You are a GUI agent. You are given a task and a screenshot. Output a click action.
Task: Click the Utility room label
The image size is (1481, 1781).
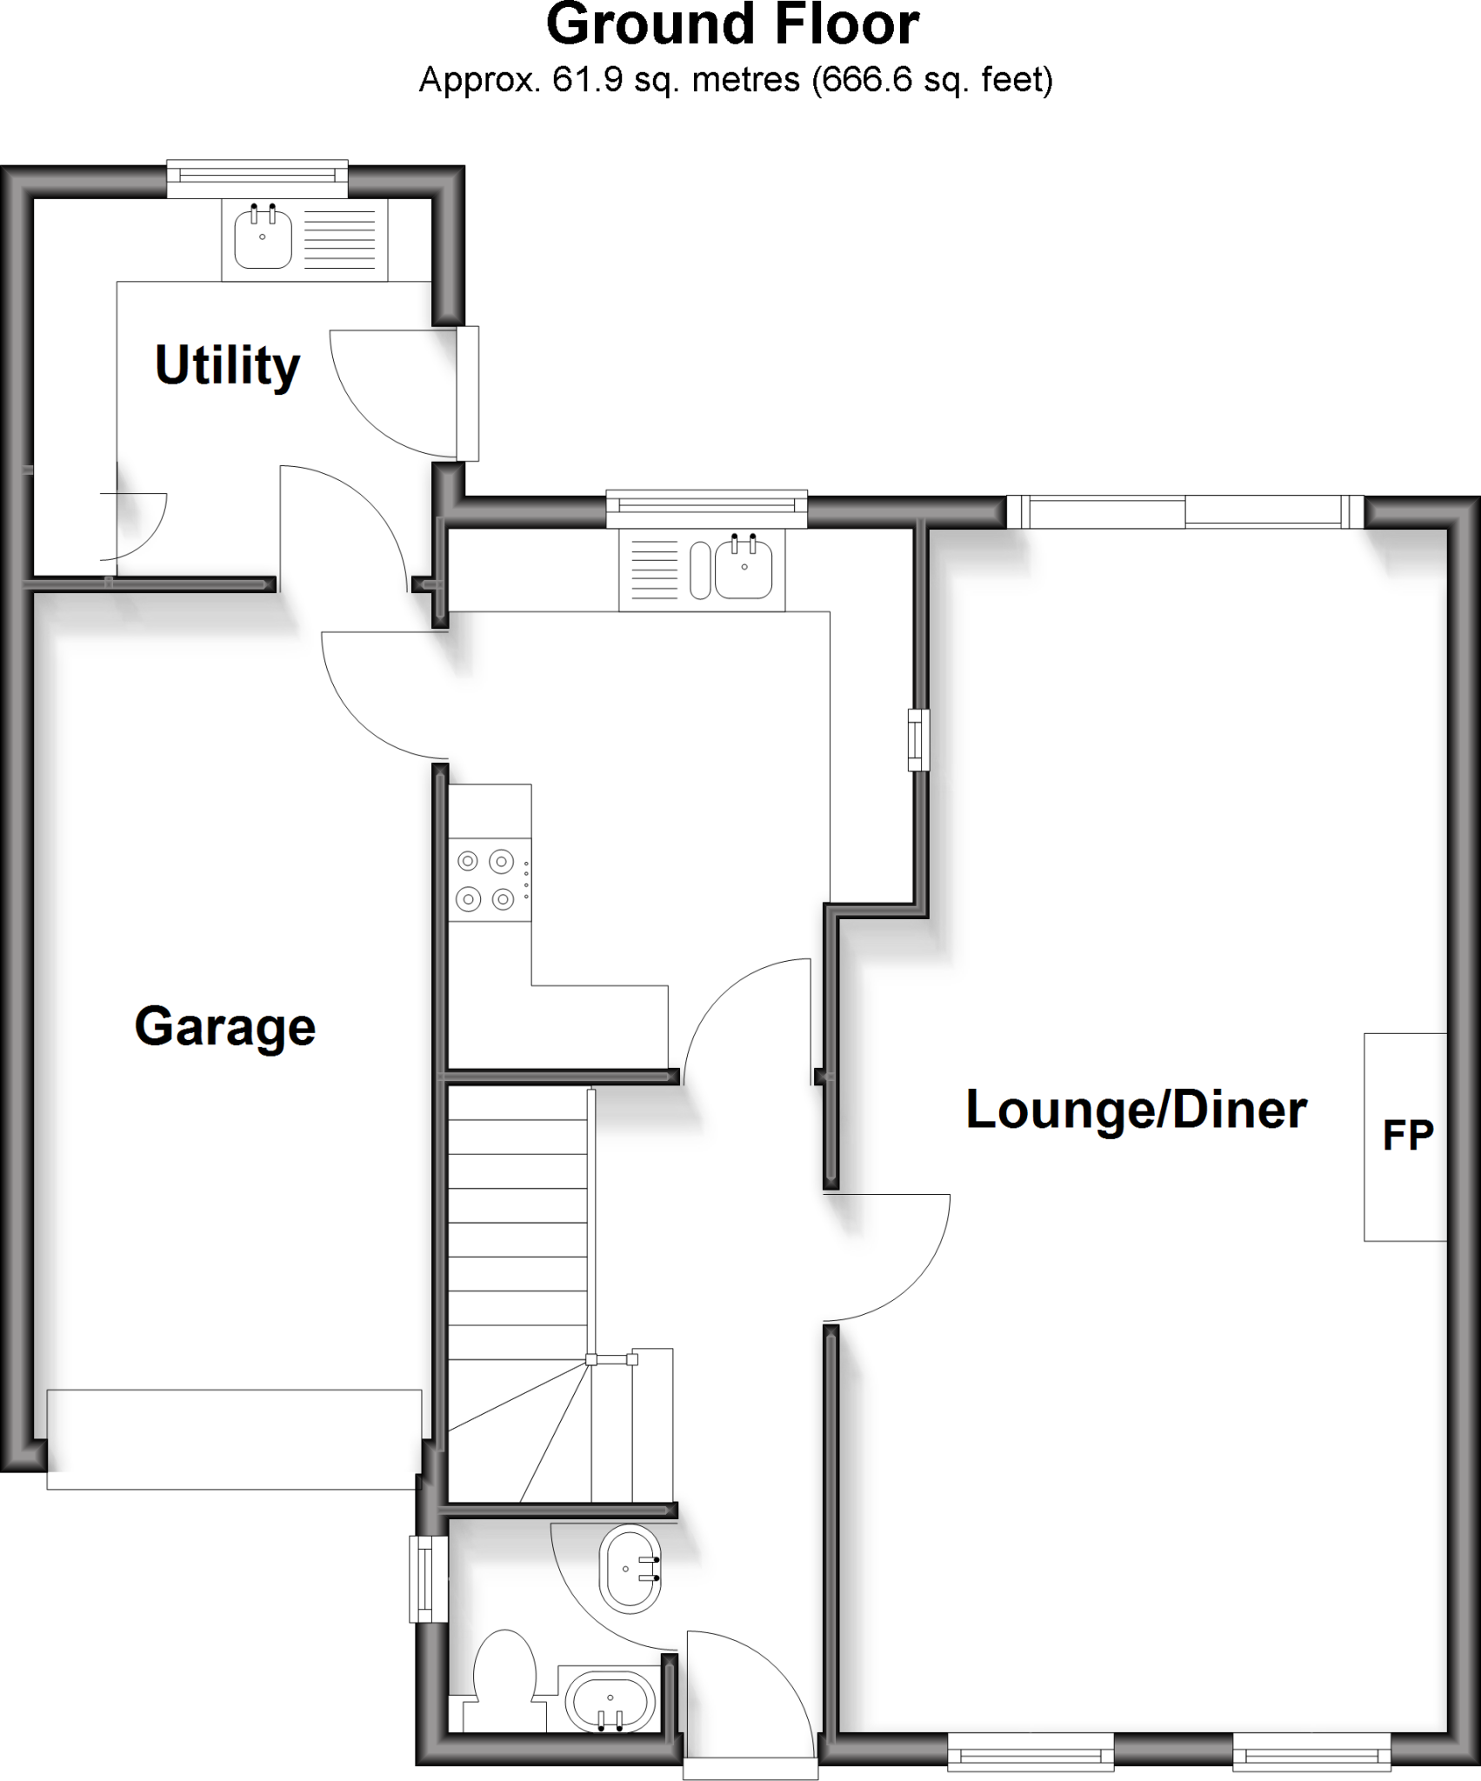[228, 366]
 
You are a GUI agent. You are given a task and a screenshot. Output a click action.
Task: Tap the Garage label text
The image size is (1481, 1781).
[224, 1027]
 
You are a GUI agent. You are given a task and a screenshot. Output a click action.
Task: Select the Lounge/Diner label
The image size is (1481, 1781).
[1136, 1111]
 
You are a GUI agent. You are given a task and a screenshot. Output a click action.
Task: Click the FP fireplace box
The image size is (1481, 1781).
[1404, 1136]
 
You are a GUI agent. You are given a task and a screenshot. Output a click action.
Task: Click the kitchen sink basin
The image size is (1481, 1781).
[744, 569]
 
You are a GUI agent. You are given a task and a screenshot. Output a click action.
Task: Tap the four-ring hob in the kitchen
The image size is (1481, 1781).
[485, 879]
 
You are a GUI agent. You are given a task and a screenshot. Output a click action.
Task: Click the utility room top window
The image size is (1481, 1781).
[257, 176]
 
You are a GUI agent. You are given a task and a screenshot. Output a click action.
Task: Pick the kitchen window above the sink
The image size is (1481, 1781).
[706, 509]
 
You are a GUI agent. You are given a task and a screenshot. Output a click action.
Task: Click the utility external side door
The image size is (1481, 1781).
[468, 393]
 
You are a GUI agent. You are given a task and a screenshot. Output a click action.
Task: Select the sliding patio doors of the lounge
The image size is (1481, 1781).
[1185, 511]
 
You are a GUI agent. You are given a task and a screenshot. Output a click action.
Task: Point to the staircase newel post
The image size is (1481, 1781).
[591, 1359]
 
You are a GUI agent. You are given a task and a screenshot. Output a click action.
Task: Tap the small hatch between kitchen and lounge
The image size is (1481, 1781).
[917, 740]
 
